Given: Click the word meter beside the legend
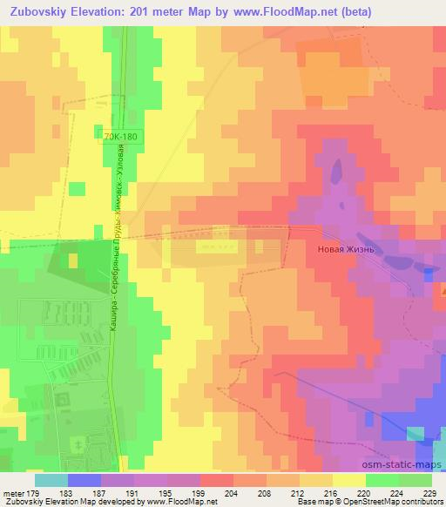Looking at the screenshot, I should coord(14,492).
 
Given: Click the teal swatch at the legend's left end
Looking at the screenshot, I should coord(51,480).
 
